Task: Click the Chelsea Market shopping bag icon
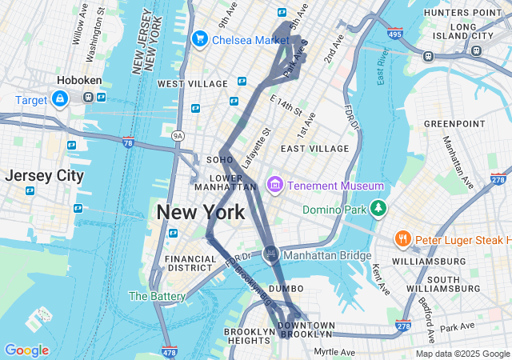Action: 199,38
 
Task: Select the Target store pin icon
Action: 60,98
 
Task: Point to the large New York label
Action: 200,213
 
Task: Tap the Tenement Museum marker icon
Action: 275,186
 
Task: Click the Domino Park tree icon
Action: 378,210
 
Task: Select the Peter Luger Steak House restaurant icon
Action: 402,239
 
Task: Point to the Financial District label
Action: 190,263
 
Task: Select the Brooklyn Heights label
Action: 249,336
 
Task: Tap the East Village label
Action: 314,148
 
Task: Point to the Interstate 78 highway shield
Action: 129,142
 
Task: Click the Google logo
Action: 26,350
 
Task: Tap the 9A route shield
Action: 178,136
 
